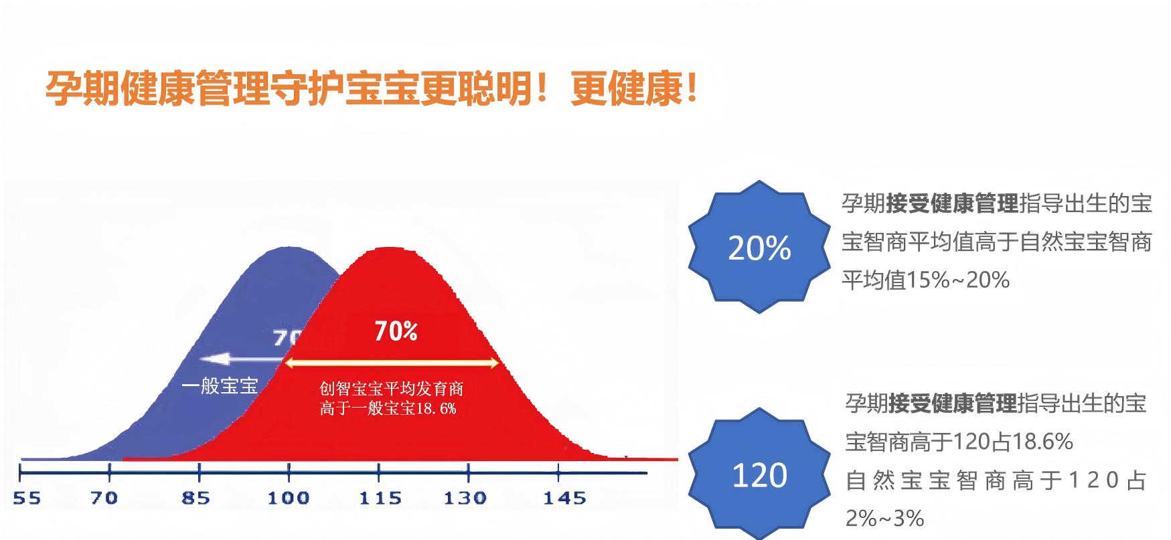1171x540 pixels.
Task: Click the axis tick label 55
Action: click(x=27, y=499)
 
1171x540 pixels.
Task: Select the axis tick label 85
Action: click(x=195, y=499)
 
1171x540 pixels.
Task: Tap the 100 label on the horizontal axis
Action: click(x=289, y=499)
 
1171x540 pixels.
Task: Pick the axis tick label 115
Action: click(x=380, y=499)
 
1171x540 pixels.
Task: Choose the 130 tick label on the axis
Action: click(x=465, y=499)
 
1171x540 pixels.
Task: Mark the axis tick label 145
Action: click(x=564, y=499)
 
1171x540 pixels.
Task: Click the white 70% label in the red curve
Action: click(x=396, y=331)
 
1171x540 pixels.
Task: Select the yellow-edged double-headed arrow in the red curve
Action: click(x=392, y=363)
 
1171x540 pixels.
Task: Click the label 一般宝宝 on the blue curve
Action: click(x=220, y=386)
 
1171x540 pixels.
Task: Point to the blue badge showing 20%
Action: click(x=759, y=248)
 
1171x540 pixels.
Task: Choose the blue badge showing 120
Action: click(x=759, y=476)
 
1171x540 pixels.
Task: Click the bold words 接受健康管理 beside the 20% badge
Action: click(x=952, y=203)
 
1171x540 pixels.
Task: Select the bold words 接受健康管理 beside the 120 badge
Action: click(x=951, y=403)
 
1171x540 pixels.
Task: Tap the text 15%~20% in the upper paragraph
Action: click(x=957, y=280)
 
